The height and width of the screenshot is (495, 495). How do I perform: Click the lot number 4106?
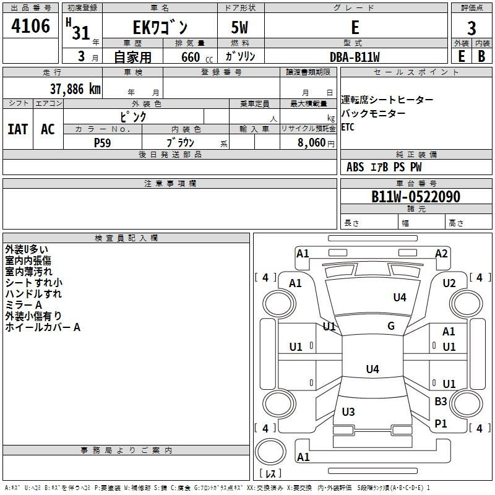tap(30, 27)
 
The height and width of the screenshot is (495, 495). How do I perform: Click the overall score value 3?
tap(471, 28)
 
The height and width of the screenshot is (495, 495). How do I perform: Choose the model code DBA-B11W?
tap(355, 57)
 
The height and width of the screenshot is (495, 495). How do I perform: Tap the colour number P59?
tap(102, 142)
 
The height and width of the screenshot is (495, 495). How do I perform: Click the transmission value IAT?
tap(17, 129)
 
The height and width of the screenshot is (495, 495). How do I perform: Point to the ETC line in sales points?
tap(349, 127)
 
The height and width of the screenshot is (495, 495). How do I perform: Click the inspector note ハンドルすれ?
tap(33, 294)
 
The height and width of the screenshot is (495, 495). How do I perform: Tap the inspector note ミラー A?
tap(24, 305)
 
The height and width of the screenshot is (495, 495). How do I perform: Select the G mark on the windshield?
tap(391, 326)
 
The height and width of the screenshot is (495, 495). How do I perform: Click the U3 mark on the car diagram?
tap(348, 412)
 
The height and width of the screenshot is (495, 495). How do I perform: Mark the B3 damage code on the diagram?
tap(441, 402)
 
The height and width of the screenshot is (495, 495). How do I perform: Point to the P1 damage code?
tap(441, 423)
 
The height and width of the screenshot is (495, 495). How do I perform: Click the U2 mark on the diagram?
tap(449, 283)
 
